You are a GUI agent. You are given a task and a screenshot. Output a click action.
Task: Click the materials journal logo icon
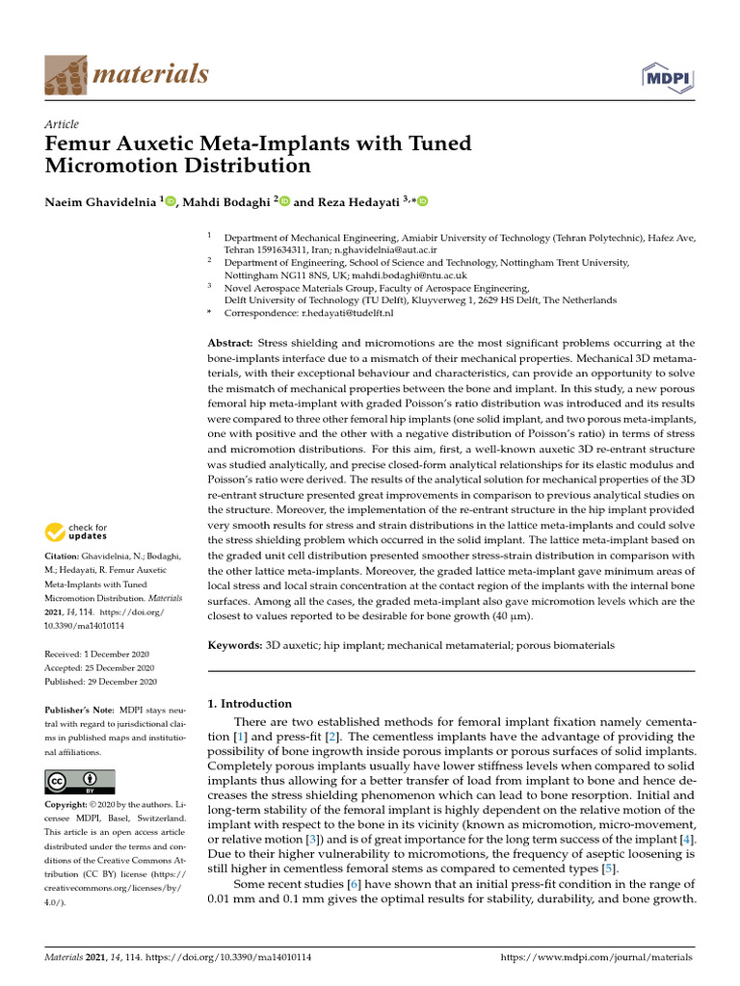(x=64, y=74)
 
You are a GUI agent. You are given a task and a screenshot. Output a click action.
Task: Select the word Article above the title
(x=62, y=124)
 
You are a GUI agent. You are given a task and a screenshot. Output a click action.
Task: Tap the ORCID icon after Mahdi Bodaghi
(x=284, y=201)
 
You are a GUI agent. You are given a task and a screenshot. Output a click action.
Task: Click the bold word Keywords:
(x=235, y=644)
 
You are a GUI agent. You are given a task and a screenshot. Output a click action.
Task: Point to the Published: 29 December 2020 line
(x=101, y=682)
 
